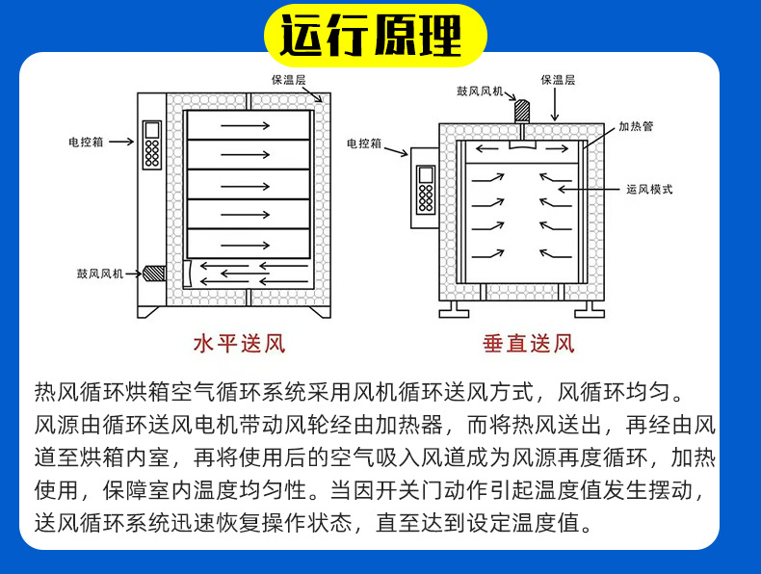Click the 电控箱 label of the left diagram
84,142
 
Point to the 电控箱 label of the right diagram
363,143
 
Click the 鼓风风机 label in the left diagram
100,274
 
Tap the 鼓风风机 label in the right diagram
480,91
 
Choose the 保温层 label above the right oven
558,81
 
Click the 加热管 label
635,126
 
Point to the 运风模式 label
649,190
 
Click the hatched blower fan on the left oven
153,274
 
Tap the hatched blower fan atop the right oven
522,109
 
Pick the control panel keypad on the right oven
425,190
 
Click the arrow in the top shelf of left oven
247,125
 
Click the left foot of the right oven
457,308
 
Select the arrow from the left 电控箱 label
120,142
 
